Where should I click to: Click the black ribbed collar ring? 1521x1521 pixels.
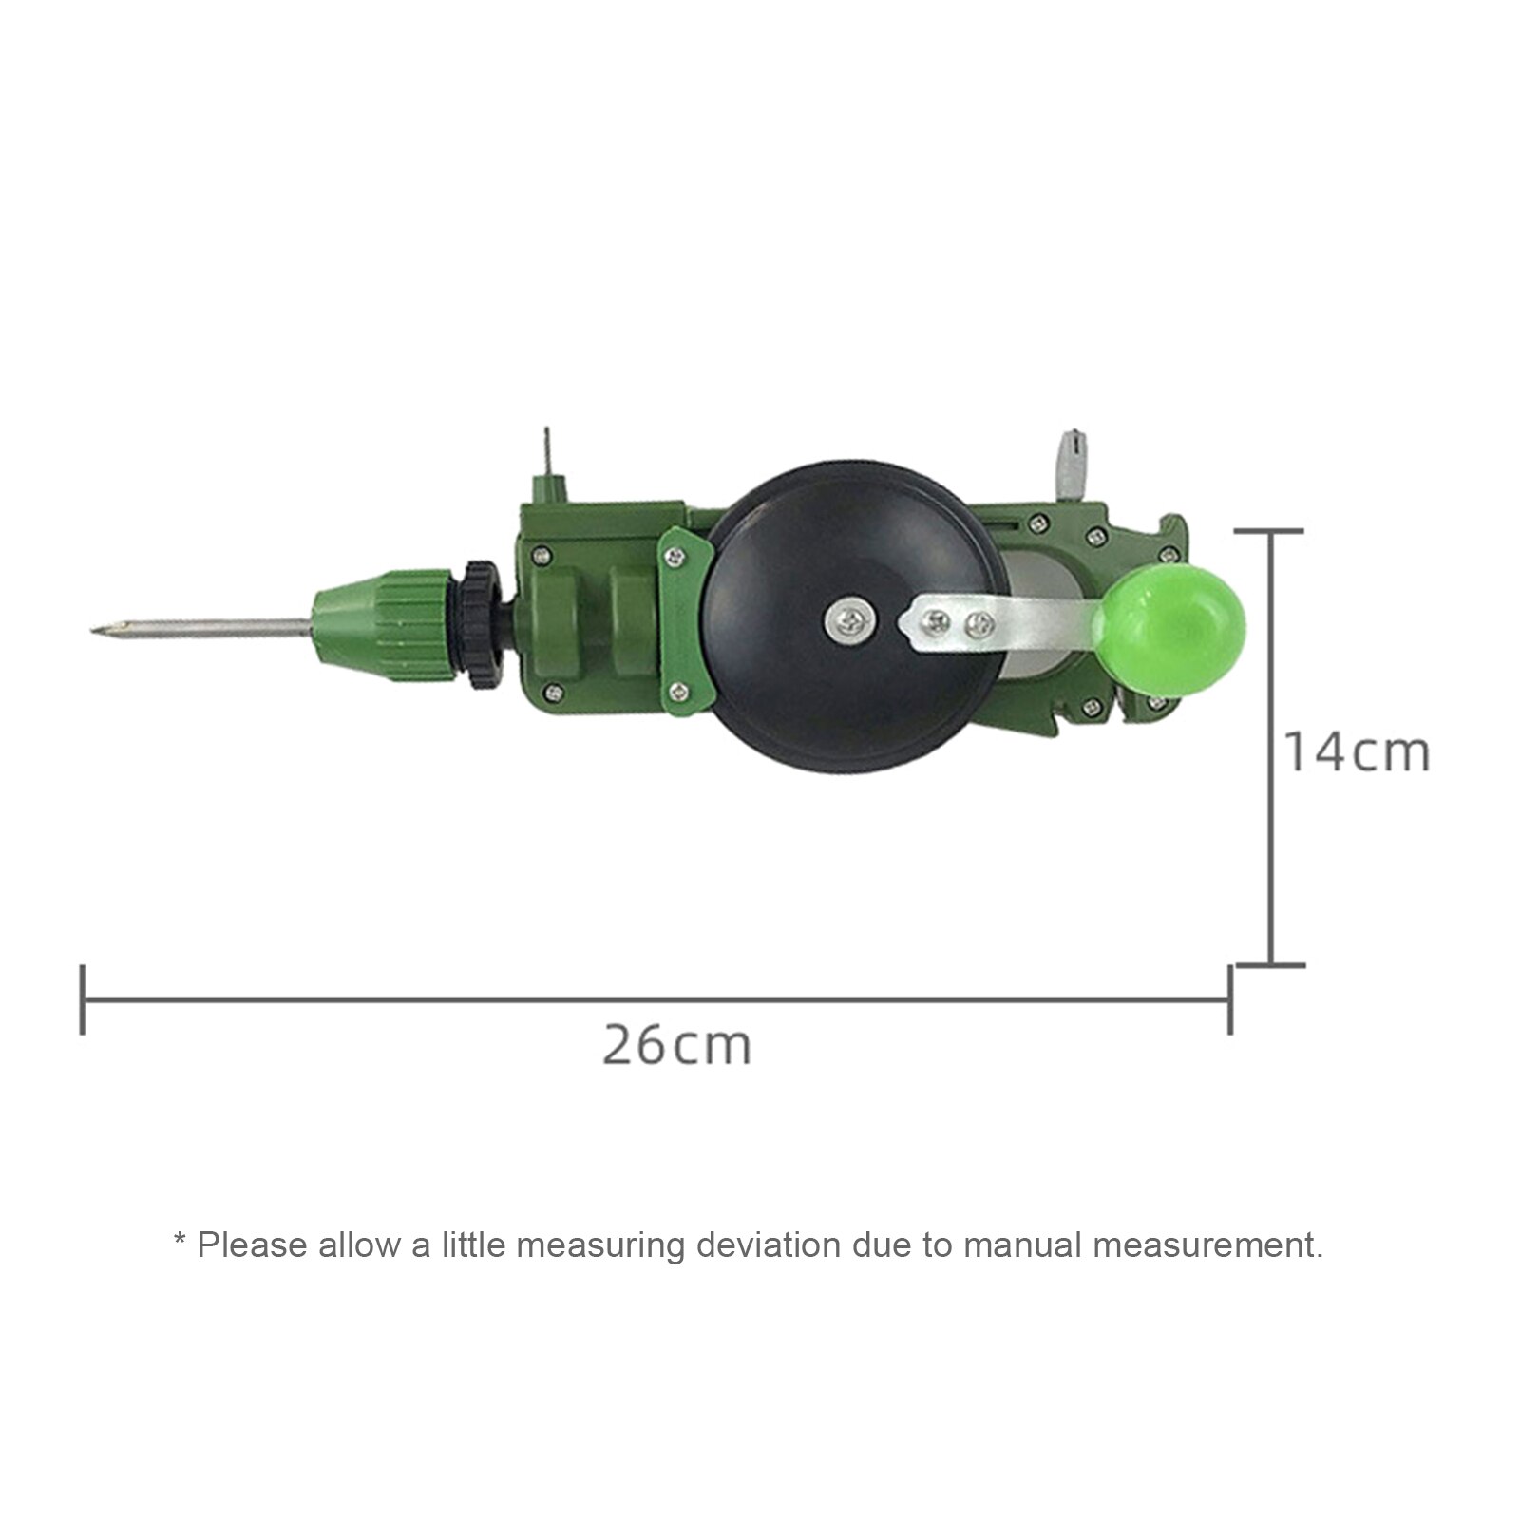point(482,624)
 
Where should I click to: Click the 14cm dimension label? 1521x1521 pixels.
point(1357,752)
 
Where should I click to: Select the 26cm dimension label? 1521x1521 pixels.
point(676,1046)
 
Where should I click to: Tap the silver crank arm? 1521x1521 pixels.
point(1007,627)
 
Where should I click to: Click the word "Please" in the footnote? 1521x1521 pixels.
point(252,1245)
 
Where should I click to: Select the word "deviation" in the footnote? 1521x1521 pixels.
point(768,1245)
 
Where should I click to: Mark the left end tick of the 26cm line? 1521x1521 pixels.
point(83,999)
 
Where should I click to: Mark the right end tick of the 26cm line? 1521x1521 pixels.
point(1230,999)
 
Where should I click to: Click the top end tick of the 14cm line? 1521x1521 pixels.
point(1270,532)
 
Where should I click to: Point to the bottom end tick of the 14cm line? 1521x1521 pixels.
point(1270,965)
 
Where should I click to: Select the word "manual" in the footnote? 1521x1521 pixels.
point(1022,1245)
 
